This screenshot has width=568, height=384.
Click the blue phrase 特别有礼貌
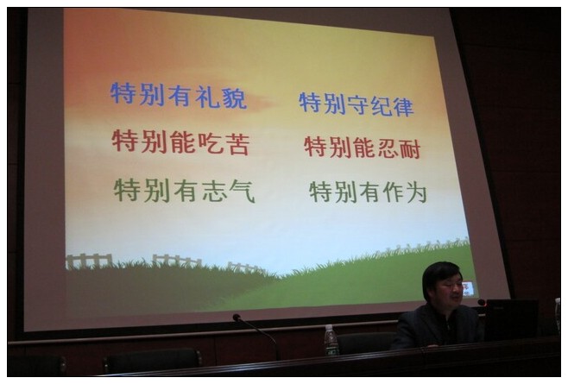tap(179, 96)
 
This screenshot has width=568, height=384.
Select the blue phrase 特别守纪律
tap(357, 104)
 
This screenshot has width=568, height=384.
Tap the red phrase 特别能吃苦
tap(181, 142)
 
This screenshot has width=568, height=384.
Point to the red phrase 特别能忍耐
tap(363, 148)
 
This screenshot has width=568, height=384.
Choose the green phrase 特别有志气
tap(185, 190)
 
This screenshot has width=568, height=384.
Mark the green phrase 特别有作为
tap(368, 192)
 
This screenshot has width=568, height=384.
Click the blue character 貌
tap(235, 98)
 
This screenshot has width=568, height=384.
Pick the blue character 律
tap(403, 106)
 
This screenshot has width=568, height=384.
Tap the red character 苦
tap(237, 144)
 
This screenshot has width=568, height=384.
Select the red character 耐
tap(410, 149)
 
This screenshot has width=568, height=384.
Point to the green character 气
tap(243, 192)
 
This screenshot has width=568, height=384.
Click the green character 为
tap(417, 192)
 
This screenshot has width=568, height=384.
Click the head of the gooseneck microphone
tap(237, 318)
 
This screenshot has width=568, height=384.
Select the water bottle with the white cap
tap(331, 340)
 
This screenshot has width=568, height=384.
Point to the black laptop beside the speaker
tap(511, 319)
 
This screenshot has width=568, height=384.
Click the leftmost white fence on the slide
tap(89, 261)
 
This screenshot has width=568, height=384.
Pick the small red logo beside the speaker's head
tap(468, 289)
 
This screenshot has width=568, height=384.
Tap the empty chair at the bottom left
tap(152, 360)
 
